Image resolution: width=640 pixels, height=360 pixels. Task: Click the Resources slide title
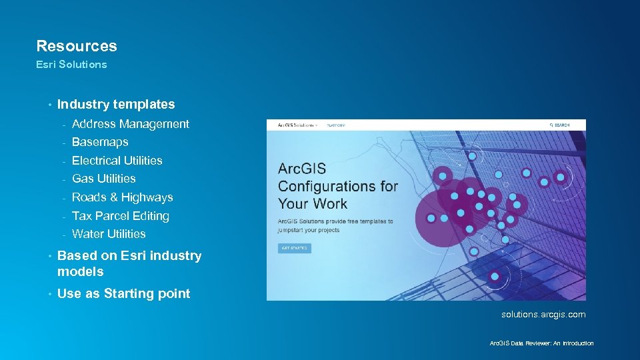point(76,46)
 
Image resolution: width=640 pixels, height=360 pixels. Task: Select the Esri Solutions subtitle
point(71,65)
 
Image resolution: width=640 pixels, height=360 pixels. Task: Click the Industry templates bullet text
point(116,104)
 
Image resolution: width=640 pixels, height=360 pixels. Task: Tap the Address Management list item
point(130,124)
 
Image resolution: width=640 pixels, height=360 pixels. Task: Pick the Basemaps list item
point(100,142)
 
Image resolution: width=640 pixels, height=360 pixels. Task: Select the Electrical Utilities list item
point(117,161)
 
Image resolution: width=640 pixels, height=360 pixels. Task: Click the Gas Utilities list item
point(103,179)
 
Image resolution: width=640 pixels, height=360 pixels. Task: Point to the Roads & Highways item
point(122,197)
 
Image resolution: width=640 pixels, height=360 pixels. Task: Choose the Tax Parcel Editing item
point(120,216)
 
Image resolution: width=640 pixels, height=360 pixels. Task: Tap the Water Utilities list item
point(109,234)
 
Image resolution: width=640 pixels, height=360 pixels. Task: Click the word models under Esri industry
point(81,272)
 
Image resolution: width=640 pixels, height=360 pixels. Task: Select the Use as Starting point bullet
point(123,294)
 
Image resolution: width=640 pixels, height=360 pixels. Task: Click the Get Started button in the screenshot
point(294,248)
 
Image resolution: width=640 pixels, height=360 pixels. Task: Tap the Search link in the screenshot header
point(559,125)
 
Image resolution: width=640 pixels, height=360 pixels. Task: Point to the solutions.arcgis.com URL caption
point(543,314)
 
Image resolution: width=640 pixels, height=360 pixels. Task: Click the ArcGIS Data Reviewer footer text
point(541,343)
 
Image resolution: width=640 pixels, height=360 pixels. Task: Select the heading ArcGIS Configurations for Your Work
point(338,186)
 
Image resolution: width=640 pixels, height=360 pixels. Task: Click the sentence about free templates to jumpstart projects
point(335,225)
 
